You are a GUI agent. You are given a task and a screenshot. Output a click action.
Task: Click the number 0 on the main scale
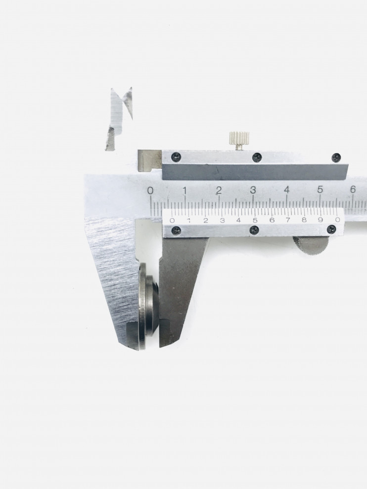[x=150, y=190]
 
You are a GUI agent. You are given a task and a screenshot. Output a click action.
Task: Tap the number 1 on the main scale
[x=184, y=190]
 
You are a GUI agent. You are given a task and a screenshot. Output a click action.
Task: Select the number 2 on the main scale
[x=219, y=190]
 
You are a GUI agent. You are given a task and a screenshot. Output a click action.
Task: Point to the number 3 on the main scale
[x=253, y=189]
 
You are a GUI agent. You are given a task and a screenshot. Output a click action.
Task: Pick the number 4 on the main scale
[x=287, y=189]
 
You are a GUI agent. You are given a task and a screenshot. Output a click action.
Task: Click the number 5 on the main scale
[x=320, y=189]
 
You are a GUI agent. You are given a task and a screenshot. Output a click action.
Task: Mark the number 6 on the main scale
[x=353, y=189]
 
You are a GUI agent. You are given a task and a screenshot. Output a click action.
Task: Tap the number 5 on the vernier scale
[x=255, y=220]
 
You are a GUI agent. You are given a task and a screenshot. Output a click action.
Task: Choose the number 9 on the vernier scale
[x=320, y=220]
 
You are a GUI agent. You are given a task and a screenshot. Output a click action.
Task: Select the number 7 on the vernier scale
[x=288, y=220]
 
